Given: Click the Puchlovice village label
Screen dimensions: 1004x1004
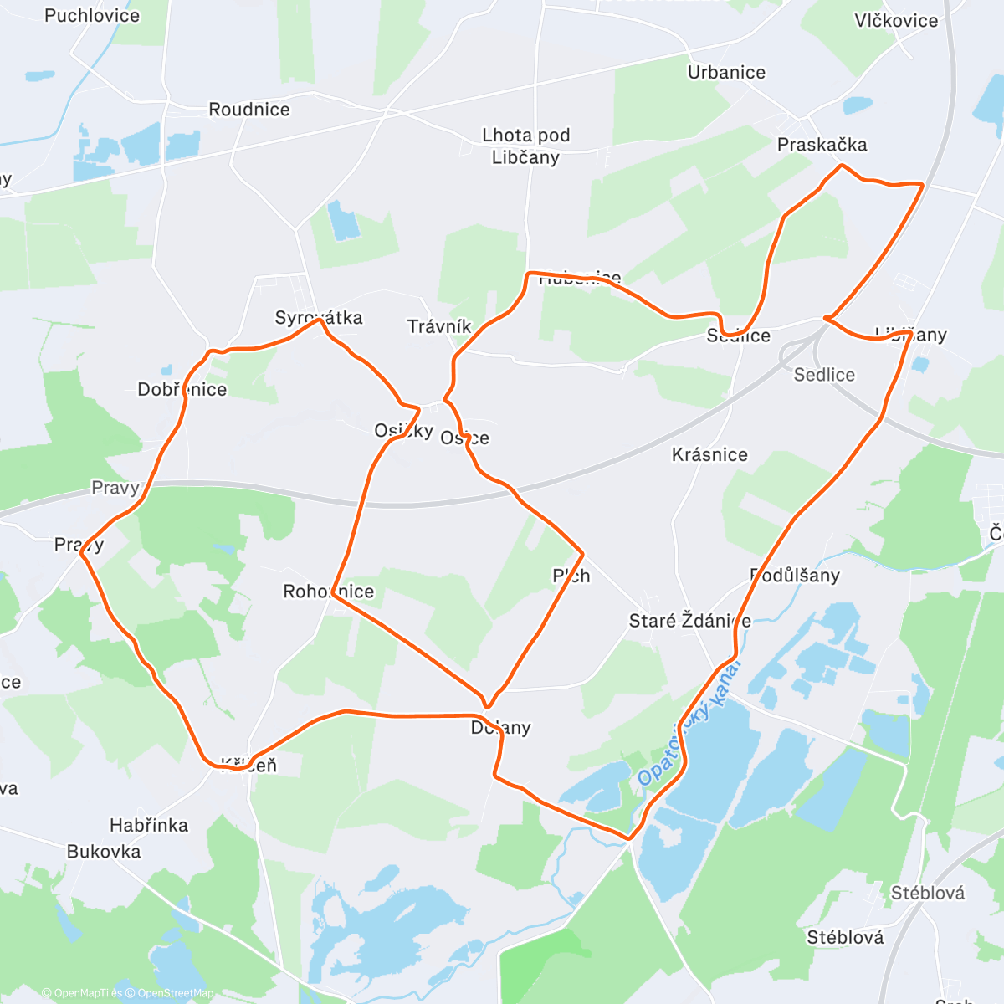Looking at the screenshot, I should click(92, 16).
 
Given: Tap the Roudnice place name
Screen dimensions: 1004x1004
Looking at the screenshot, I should click(249, 110).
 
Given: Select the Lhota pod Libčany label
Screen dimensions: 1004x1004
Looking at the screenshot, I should click(525, 146).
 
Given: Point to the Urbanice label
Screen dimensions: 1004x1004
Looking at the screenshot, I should click(726, 73).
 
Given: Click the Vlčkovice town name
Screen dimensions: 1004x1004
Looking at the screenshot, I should click(896, 21).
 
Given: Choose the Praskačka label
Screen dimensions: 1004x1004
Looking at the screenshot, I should click(822, 145).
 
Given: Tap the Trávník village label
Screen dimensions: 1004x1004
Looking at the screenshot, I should click(439, 326).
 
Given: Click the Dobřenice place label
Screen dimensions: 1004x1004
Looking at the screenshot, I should click(182, 389).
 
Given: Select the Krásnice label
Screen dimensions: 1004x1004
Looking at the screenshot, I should click(709, 455).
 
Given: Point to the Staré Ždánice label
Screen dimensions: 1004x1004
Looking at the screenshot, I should click(689, 621).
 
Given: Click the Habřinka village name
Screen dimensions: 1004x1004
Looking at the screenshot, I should click(149, 826).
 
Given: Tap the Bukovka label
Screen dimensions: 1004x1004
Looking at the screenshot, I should click(104, 852).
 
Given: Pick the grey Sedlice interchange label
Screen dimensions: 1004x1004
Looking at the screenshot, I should click(824, 375).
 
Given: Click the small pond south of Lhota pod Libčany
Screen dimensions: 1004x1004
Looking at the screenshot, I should click(343, 220).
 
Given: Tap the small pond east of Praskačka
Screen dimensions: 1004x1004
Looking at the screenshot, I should click(857, 106).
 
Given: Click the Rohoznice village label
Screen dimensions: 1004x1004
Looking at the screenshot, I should click(329, 592).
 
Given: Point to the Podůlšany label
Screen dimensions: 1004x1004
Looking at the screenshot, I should click(794, 576).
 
